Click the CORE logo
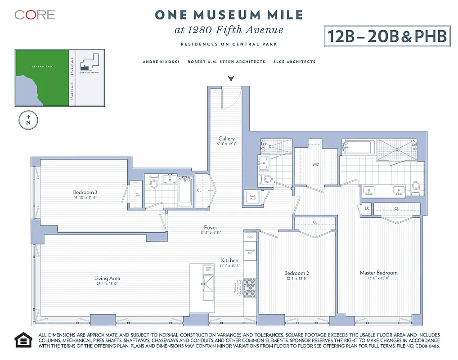coord(35,15)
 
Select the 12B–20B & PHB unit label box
coord(386,36)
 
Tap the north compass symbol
coord(28,120)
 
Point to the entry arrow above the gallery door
coord(231,79)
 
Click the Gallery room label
coord(227,139)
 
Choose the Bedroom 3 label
coord(85,192)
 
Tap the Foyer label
coord(211,228)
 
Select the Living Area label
coord(107,279)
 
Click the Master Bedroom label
coord(378,273)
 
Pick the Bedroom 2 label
coord(296,273)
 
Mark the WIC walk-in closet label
coord(316,165)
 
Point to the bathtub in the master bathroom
coord(357,146)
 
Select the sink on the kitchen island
coord(208,283)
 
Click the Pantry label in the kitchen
coord(250,236)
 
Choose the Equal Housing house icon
coord(23,340)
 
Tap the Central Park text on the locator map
coord(42,66)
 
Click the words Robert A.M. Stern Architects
coord(226,62)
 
